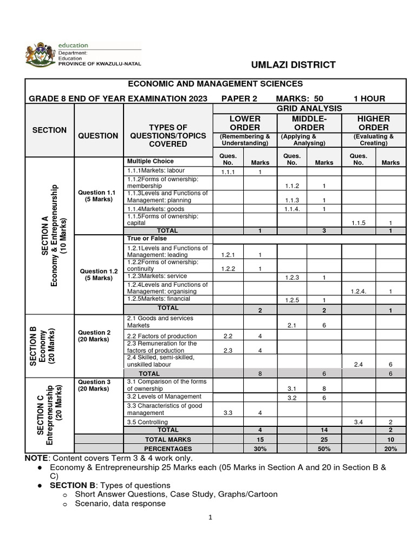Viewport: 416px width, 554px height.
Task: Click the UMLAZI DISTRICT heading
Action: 294,65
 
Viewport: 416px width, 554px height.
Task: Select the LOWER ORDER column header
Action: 245,123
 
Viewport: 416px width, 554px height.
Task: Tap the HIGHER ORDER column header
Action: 373,123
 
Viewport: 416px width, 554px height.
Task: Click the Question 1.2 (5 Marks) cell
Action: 97,274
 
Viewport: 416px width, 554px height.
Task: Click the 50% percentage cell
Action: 324,449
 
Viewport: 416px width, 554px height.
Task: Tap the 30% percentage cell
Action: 260,449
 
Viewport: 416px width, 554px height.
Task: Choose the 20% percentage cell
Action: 390,449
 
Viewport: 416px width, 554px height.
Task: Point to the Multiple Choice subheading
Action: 151,161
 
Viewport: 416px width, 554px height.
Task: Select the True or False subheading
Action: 147,238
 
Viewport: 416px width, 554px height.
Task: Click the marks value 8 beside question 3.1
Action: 324,388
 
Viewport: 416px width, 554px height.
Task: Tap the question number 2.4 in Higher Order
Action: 358,365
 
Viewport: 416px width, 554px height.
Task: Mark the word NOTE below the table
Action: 36,458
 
